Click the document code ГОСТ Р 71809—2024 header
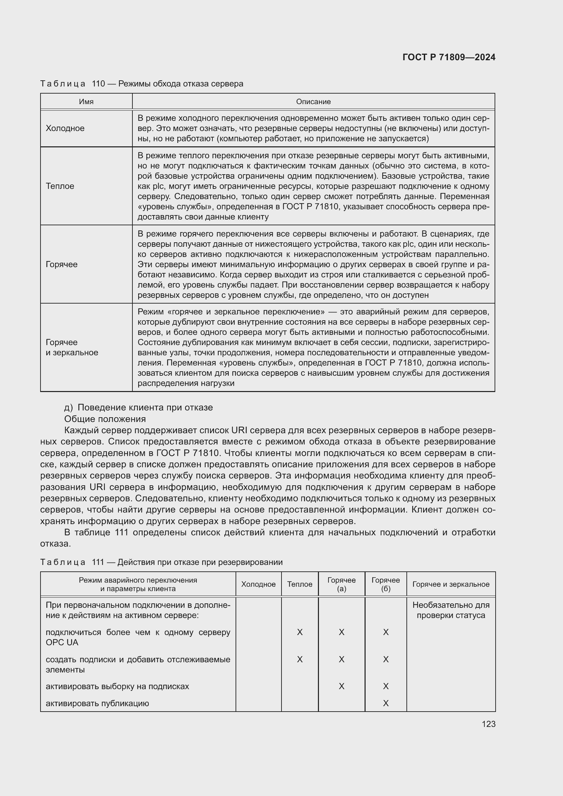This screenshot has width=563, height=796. pos(449,58)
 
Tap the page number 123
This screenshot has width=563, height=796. pos(488,724)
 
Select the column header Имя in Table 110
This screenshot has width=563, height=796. pos(86,101)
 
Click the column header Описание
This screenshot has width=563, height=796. pos(313,101)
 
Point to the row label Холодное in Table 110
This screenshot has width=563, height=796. pos(65,128)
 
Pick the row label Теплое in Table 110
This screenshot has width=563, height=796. pos(60,186)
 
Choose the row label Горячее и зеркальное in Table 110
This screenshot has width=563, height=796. pos(72,347)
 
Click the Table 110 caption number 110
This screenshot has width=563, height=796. pos(98,84)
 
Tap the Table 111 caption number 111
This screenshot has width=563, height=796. pos(98,562)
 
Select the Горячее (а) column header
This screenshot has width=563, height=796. pos(341,584)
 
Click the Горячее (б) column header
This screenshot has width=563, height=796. pos(386,584)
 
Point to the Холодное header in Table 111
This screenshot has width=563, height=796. pos(258,584)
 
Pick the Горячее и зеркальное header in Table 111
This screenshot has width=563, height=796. pos(451,584)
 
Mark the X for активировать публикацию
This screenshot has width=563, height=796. pos(386,703)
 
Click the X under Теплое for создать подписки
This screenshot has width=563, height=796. pos(300,659)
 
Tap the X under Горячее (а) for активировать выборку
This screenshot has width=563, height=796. pos(341,686)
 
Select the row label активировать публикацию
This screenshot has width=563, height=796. pos(97,703)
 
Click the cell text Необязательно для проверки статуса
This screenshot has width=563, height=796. pos(451,610)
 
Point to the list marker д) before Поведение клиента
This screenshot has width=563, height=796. pos(68,407)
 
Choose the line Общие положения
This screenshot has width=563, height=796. pos(105,419)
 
